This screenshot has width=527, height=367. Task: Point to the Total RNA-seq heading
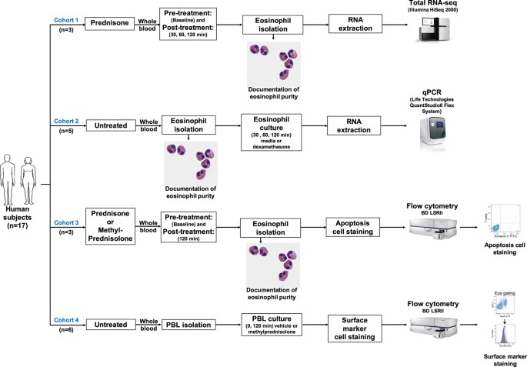[x=436, y=5]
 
